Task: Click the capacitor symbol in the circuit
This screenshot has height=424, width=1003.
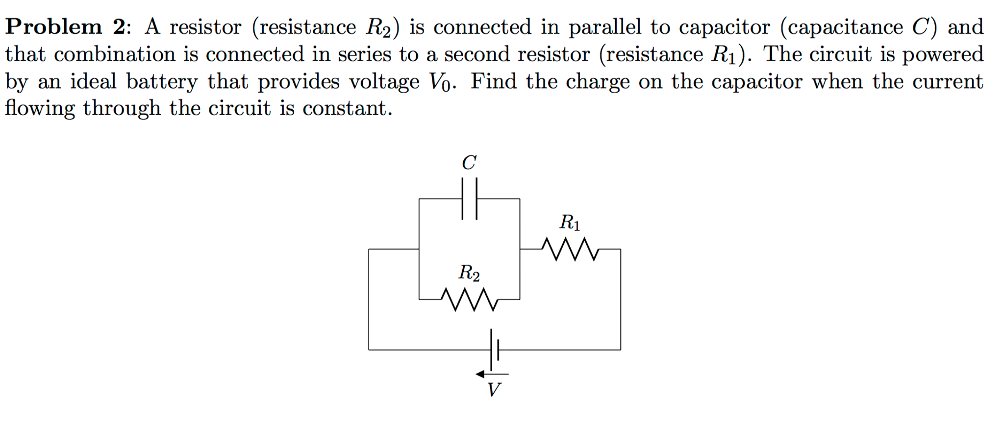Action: (x=469, y=199)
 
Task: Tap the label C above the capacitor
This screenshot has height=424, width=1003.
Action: (x=469, y=163)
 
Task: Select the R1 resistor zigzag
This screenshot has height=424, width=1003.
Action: (x=570, y=249)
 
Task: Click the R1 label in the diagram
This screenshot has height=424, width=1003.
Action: (x=570, y=223)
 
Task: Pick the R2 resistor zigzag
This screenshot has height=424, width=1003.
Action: (x=470, y=299)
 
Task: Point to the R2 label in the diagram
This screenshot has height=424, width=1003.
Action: (x=469, y=273)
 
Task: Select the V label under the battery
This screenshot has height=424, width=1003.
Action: (x=494, y=390)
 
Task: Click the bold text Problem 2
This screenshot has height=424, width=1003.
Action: (x=66, y=26)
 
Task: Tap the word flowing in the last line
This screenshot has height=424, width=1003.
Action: (x=40, y=108)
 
